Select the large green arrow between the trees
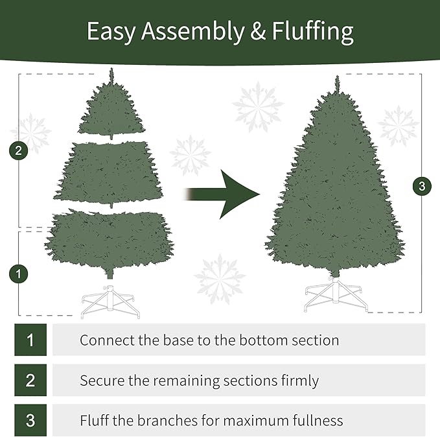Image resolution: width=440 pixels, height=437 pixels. [x=224, y=194]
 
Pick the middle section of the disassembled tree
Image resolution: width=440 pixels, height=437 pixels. [x=111, y=172]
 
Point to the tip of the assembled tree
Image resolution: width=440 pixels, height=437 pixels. [x=336, y=80]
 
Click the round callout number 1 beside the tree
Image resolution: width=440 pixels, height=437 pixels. [x=19, y=273]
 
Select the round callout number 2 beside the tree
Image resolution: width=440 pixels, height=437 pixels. [x=19, y=151]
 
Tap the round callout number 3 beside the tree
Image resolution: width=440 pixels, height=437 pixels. [x=422, y=187]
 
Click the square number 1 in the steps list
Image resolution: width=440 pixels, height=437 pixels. [x=30, y=340]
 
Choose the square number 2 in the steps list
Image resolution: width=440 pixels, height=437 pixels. [x=30, y=381]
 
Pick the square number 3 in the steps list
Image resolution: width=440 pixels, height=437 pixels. [x=30, y=421]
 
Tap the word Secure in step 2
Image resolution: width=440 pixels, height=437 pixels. [x=102, y=381]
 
